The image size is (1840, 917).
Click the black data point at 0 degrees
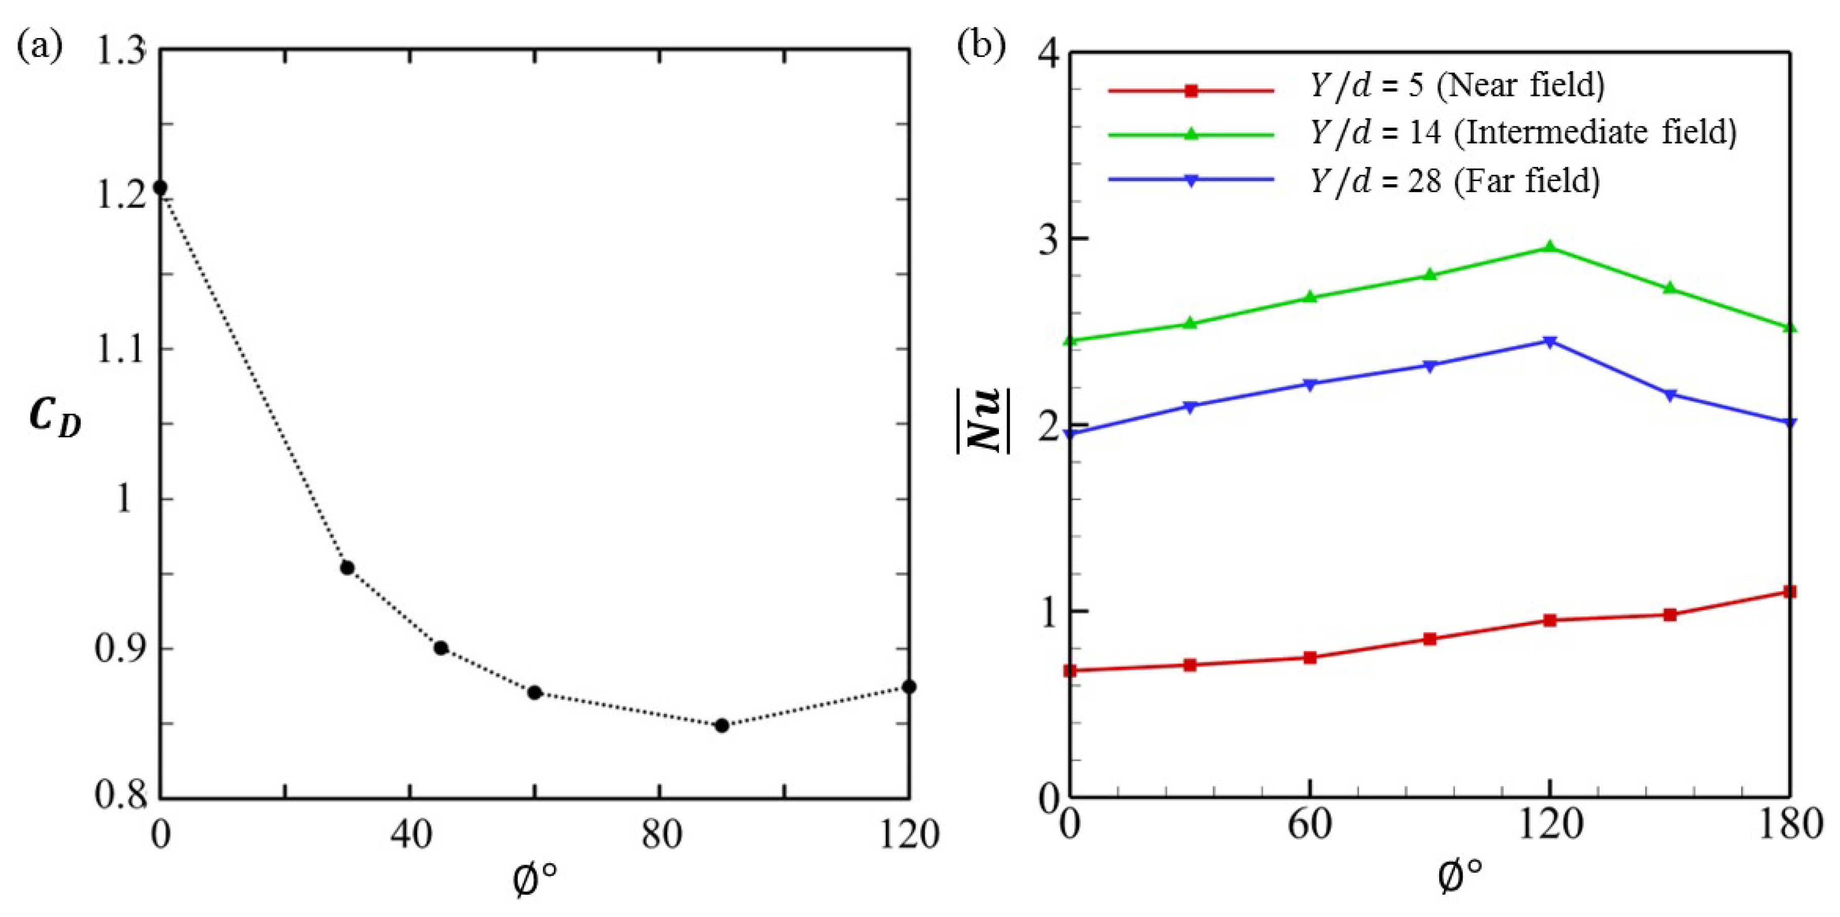(161, 188)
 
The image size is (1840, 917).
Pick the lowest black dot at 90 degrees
(721, 726)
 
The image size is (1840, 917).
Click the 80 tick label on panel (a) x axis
(660, 834)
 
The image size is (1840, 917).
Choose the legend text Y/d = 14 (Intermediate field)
(1522, 133)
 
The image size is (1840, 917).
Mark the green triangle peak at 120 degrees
(1549, 247)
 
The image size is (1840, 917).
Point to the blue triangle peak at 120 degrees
(1549, 342)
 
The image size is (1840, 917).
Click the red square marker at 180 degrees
(1789, 592)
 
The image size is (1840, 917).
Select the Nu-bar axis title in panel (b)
(984, 420)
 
